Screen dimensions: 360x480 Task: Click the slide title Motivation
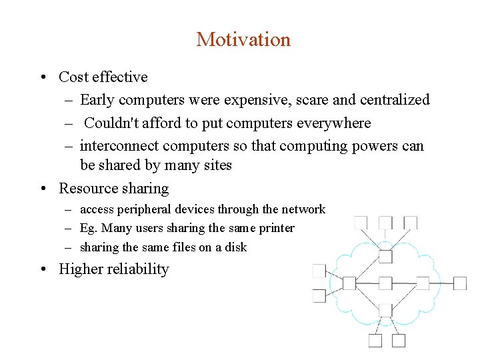(243, 39)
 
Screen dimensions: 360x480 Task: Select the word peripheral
(143, 209)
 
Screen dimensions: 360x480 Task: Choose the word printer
(277, 228)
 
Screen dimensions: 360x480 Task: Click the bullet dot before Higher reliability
(42, 269)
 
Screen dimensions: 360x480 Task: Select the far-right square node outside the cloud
(460, 283)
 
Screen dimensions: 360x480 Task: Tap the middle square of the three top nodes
(385, 222)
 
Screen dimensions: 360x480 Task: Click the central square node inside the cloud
(385, 283)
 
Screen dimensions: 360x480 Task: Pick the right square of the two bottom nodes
(399, 341)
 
